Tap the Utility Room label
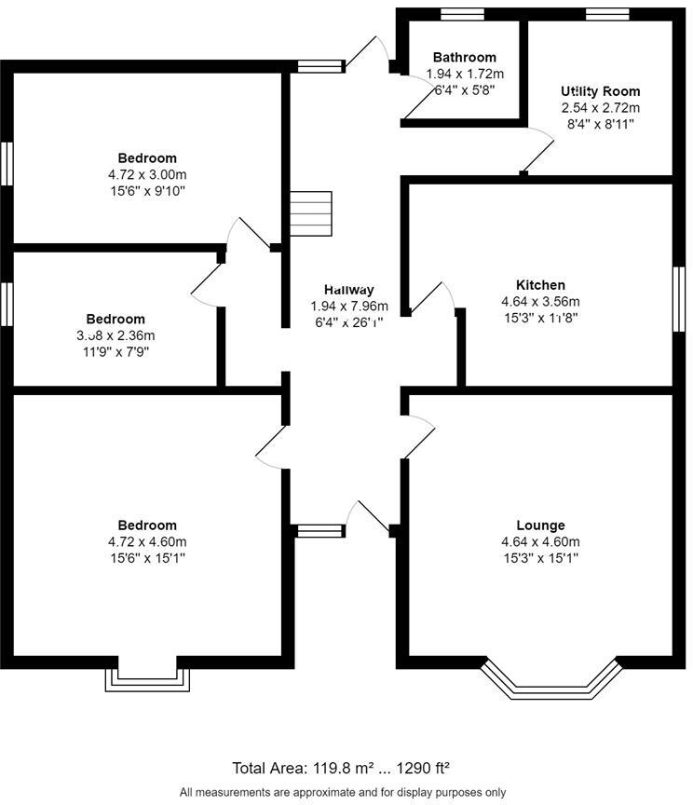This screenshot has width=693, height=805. (600, 91)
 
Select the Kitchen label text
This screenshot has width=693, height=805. (540, 285)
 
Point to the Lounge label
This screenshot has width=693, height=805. (540, 525)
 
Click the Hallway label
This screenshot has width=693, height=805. (348, 290)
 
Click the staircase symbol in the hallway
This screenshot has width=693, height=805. (310, 214)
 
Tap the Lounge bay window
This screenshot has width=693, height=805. (550, 679)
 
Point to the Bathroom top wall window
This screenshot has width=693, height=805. (462, 13)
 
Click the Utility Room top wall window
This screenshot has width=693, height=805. (607, 13)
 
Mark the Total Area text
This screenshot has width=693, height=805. (342, 769)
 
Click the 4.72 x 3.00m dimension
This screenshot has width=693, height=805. (147, 174)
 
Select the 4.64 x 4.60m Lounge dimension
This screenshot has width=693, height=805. (540, 542)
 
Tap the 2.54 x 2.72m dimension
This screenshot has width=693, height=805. (600, 108)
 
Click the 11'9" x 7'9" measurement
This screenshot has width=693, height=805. (115, 352)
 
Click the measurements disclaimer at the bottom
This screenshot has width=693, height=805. (342, 791)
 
